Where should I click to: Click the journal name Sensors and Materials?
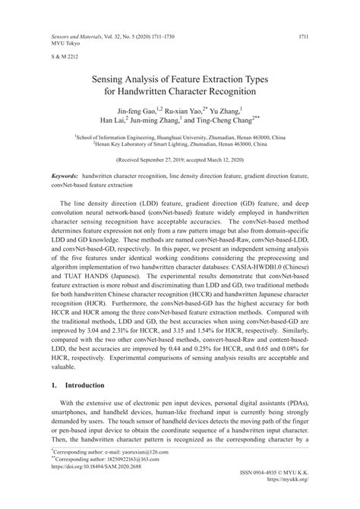pos(78,36)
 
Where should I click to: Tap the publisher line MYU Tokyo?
pos(66,43)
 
